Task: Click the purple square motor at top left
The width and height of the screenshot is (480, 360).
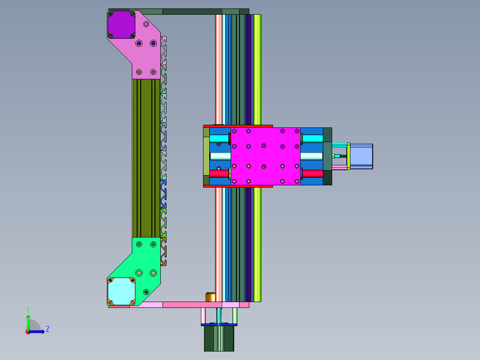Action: pyautogui.click(x=122, y=25)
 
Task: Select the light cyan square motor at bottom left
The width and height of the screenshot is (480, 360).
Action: pyautogui.click(x=122, y=291)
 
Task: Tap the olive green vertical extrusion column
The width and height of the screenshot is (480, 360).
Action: pyautogui.click(x=146, y=158)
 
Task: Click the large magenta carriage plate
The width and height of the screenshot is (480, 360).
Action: pyautogui.click(x=265, y=156)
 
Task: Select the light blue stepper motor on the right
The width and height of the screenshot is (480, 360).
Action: pyautogui.click(x=361, y=156)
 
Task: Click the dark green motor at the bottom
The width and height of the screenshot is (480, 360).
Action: pyautogui.click(x=219, y=338)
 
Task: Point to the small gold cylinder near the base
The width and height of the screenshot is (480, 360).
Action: pyautogui.click(x=210, y=297)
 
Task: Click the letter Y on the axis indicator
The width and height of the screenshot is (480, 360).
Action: pyautogui.click(x=28, y=310)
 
